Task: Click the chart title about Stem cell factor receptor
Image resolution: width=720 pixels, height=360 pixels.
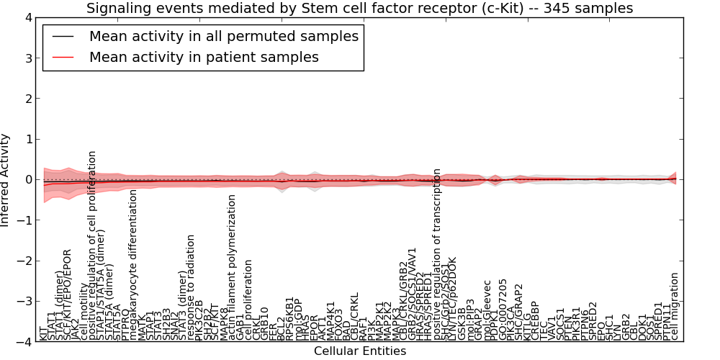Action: pyautogui.click(x=359, y=9)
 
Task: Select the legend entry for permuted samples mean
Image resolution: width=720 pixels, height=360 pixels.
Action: pyautogui.click(x=223, y=36)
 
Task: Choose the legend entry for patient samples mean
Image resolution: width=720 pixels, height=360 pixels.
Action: pyautogui.click(x=204, y=57)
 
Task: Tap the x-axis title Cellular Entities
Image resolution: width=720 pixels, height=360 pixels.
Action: pyautogui.click(x=359, y=351)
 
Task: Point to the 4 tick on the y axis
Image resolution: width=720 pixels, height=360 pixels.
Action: pyautogui.click(x=26, y=17)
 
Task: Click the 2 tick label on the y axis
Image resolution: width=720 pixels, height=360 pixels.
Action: pyautogui.click(x=26, y=99)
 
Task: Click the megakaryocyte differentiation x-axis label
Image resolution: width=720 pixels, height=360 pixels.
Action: pyautogui.click(x=133, y=265)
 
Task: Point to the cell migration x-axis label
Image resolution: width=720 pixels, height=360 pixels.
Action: pyautogui.click(x=675, y=306)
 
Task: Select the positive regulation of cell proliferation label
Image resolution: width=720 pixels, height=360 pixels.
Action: pyautogui.click(x=93, y=246)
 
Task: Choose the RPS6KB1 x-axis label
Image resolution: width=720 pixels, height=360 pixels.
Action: pyautogui.click(x=290, y=318)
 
